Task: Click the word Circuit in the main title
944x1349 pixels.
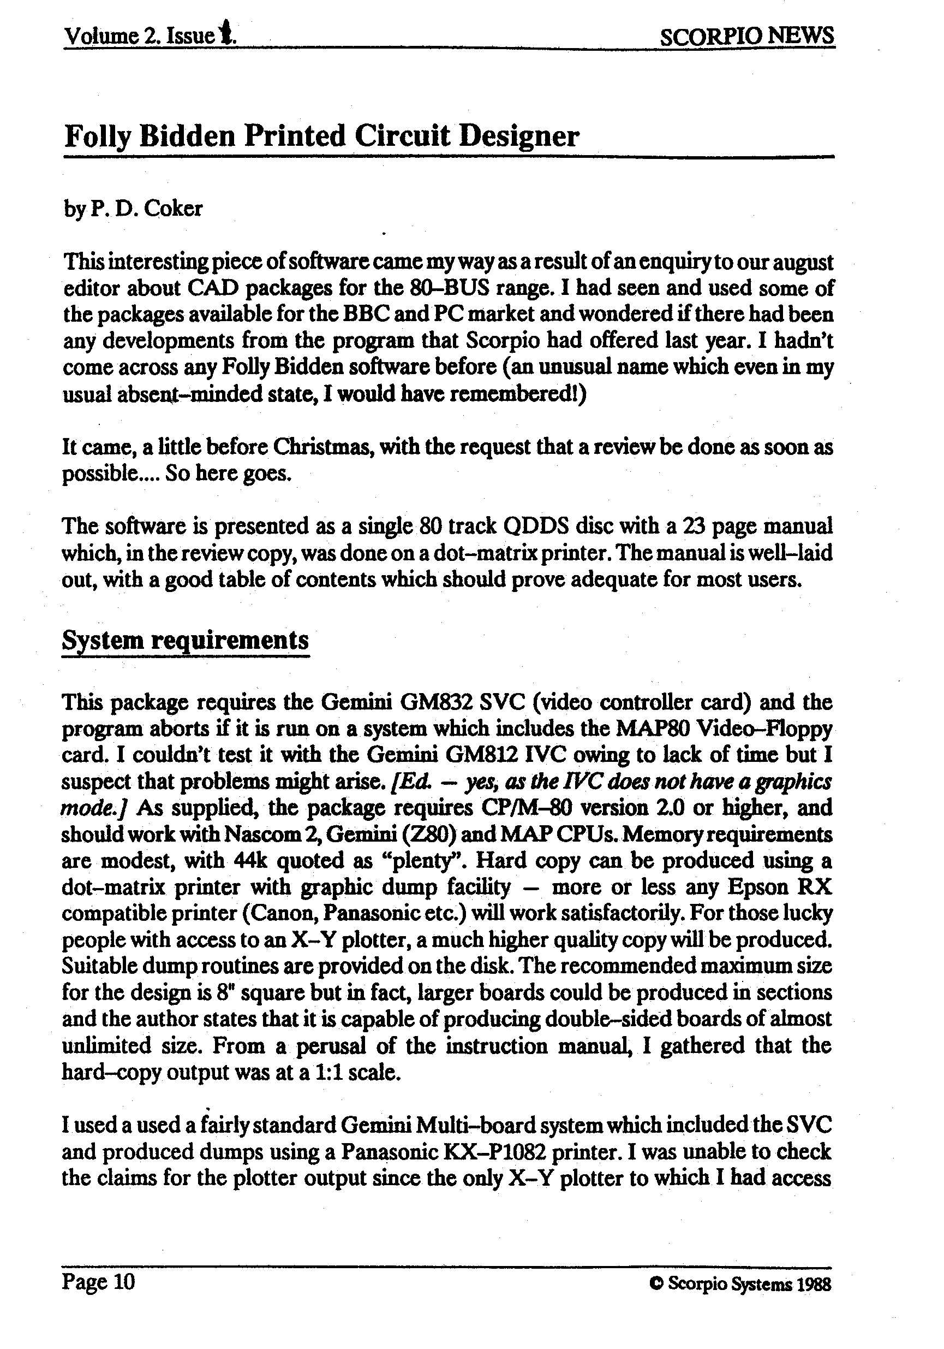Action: coord(403,136)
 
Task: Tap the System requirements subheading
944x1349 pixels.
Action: coord(185,639)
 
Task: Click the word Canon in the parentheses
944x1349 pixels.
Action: coord(280,914)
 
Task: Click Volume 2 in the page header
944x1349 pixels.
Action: coord(110,37)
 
